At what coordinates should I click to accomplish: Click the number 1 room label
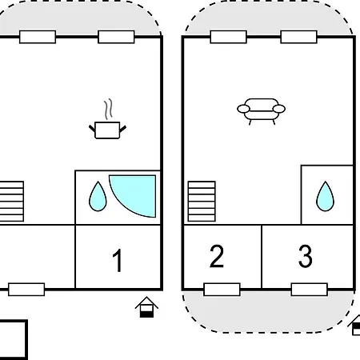[x=118, y=260]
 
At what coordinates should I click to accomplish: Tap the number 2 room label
[x=217, y=256]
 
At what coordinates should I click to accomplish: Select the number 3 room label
[x=306, y=256]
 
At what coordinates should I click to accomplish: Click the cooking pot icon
[x=107, y=130]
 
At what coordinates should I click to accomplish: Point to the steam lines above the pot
[x=108, y=110]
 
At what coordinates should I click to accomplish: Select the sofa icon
[x=262, y=111]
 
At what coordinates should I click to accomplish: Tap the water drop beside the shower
[x=98, y=197]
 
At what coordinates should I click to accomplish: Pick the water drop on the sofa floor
[x=325, y=197]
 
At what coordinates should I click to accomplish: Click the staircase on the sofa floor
[x=202, y=202]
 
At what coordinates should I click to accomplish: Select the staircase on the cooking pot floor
[x=12, y=202]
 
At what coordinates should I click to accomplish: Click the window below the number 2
[x=222, y=290]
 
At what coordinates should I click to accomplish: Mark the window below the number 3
[x=310, y=290]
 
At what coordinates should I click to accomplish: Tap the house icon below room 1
[x=146, y=307]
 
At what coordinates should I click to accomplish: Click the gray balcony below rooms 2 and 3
[x=268, y=312]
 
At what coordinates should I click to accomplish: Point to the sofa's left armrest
[x=243, y=109]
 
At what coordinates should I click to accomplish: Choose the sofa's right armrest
[x=279, y=109]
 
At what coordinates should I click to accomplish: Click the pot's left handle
[x=92, y=129]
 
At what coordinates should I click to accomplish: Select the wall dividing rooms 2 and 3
[x=262, y=257]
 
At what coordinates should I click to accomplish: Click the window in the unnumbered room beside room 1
[x=26, y=290]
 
